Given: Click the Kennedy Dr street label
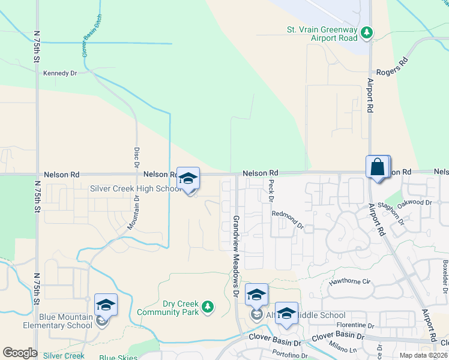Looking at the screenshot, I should [x=61, y=73].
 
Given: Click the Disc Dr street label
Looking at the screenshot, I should [x=136, y=157].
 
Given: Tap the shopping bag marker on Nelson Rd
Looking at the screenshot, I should [x=378, y=167].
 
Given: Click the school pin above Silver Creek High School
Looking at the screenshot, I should [x=188, y=178].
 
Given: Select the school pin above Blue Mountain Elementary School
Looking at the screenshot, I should [x=106, y=305].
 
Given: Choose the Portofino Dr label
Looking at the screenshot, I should [x=289, y=355].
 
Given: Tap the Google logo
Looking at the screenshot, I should [x=20, y=353].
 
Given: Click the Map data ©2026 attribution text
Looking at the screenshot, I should [x=420, y=355].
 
